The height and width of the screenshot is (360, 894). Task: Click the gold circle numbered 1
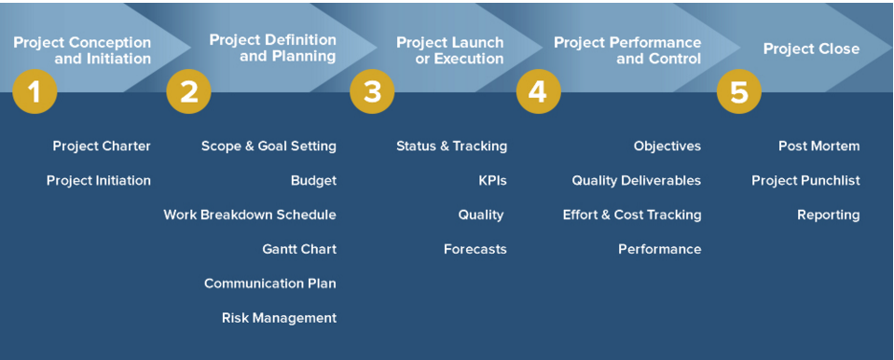click(34, 91)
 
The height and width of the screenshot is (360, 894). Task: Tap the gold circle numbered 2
click(188, 91)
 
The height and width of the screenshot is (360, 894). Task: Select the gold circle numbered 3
click(372, 91)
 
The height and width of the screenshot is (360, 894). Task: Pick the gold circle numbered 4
click(538, 91)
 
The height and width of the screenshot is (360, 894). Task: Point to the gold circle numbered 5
click(739, 91)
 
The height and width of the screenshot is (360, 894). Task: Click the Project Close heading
click(811, 49)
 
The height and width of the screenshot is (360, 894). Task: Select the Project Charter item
click(102, 146)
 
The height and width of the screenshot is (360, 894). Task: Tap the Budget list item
click(313, 181)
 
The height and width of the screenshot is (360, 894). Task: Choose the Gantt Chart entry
click(299, 249)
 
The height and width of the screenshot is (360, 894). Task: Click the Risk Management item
click(280, 318)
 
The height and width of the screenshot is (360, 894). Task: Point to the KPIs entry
click(492, 181)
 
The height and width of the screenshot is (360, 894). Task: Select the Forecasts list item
click(475, 249)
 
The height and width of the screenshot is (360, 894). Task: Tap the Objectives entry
click(667, 146)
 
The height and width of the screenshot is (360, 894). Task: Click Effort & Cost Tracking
click(632, 215)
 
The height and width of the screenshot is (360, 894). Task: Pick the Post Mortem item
click(819, 146)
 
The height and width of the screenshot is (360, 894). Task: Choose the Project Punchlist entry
click(805, 181)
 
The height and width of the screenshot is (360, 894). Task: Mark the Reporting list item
click(829, 215)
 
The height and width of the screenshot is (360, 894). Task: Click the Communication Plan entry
click(270, 284)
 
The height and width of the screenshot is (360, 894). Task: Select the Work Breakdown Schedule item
click(250, 215)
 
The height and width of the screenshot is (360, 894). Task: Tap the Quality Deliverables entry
click(637, 181)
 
